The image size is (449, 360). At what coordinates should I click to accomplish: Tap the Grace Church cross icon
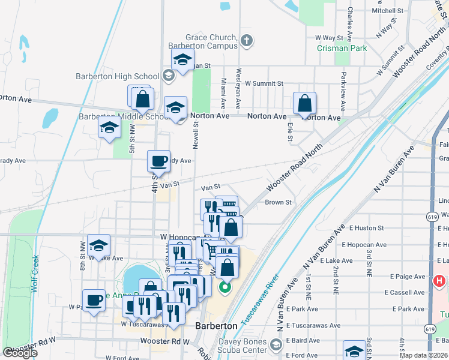coord(246,41)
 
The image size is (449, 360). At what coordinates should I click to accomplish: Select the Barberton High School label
coord(118,76)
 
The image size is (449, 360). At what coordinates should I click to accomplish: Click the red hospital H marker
coord(439,281)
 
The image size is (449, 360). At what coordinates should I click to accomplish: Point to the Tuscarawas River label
coord(259,300)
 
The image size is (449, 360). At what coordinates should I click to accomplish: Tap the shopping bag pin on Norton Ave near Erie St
coord(305,103)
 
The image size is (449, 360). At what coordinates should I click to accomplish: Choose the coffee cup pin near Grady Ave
coord(159,161)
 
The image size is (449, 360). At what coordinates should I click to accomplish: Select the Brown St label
coord(279,202)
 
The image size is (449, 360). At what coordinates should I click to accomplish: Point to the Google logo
coord(20,353)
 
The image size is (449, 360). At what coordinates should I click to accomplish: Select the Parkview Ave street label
coord(343,91)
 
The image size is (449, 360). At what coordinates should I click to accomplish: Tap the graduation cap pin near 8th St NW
coord(98,245)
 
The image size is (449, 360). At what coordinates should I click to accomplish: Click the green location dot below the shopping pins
coord(225,287)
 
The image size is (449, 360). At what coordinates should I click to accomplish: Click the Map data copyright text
coord(424,355)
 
